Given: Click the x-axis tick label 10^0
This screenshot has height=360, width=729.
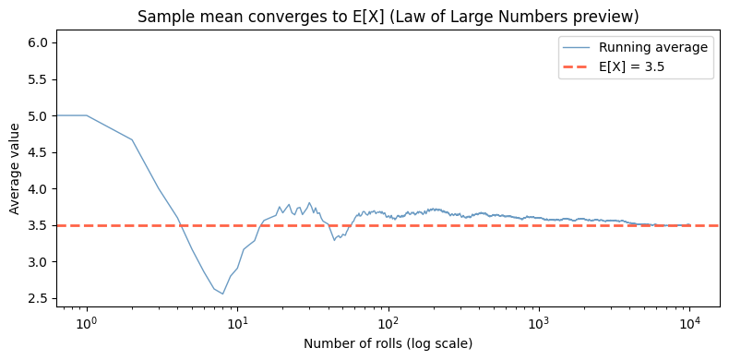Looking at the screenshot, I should pos(86,324).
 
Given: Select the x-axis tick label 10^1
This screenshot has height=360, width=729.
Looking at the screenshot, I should pos(237,324).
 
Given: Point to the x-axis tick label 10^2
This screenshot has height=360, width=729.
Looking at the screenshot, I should pos(388,324).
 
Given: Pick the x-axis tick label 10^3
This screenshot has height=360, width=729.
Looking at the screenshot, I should pos(539,324).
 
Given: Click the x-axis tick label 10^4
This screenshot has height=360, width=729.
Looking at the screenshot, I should pos(690,324).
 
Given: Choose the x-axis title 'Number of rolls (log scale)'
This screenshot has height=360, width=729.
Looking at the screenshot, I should pos(388,344).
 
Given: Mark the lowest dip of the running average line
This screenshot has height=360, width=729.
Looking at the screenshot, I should pos(222,294).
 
